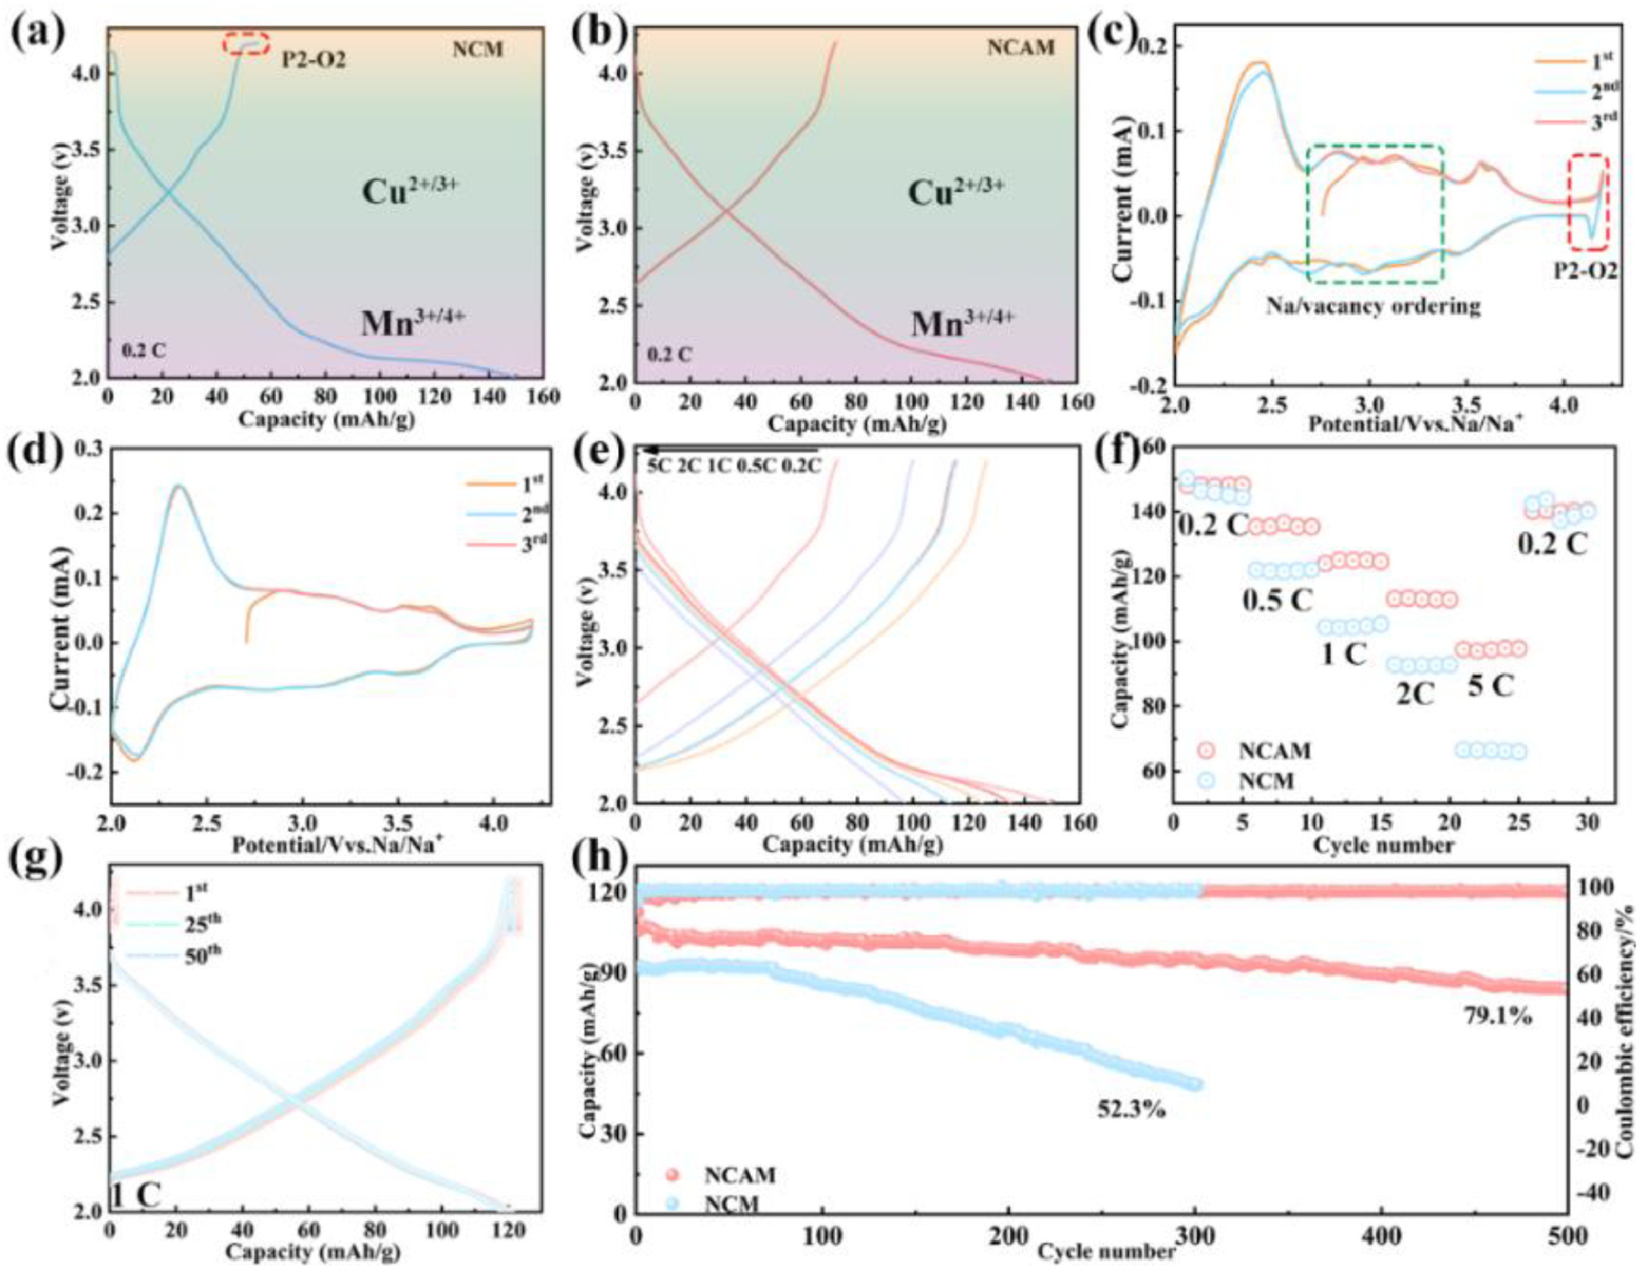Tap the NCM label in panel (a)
point(478,50)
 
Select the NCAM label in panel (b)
point(1021,47)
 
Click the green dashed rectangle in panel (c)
point(1374,214)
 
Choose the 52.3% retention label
point(1131,1109)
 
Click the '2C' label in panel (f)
point(1415,694)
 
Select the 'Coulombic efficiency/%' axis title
point(1624,1024)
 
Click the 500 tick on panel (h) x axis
point(1565,1236)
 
